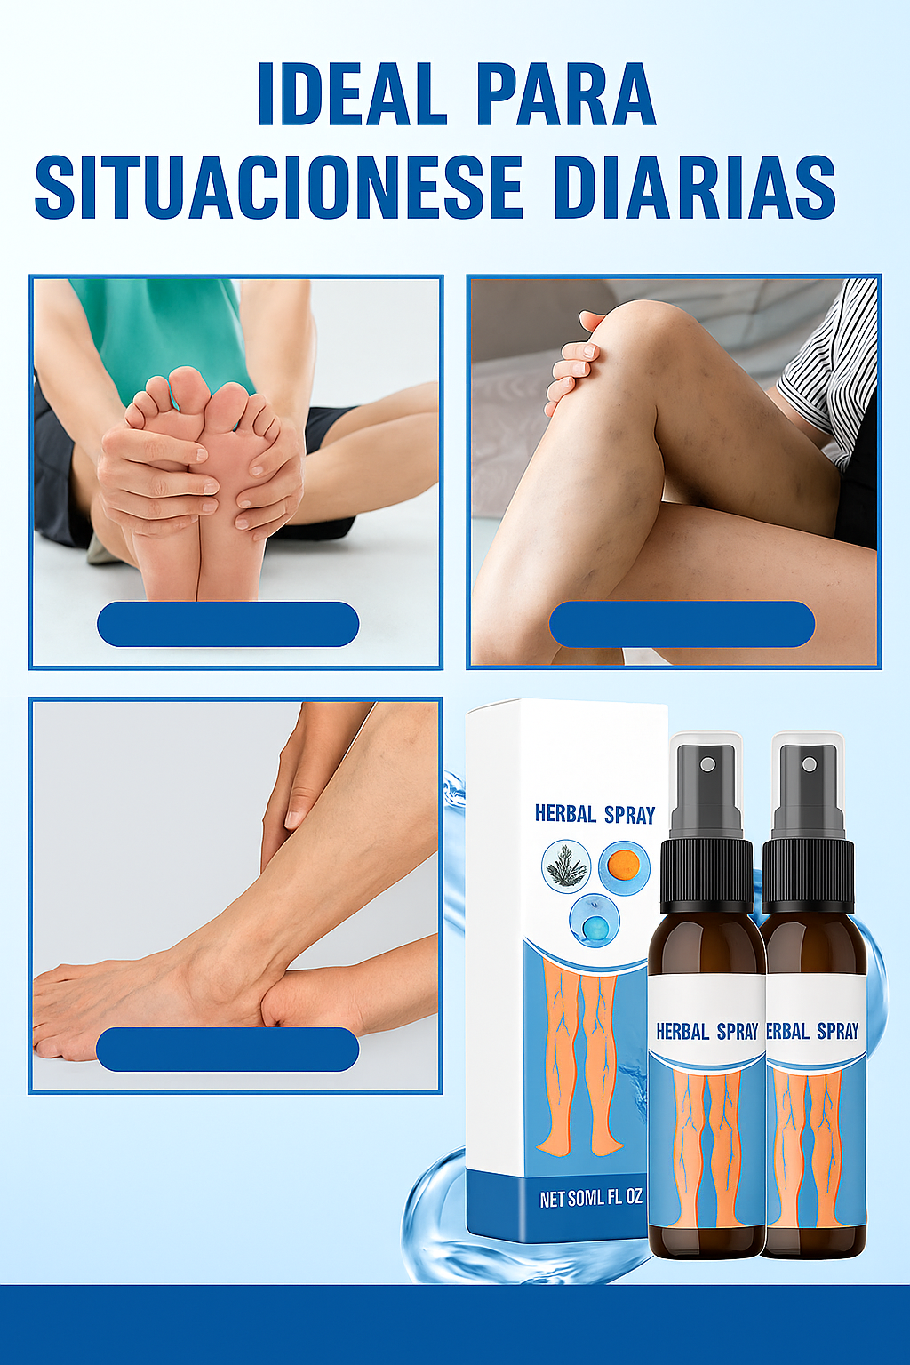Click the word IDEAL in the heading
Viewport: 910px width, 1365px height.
[x=352, y=93]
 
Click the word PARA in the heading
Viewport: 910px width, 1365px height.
[x=566, y=93]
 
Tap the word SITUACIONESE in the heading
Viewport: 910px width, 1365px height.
[x=279, y=188]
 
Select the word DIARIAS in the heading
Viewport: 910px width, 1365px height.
[x=696, y=188]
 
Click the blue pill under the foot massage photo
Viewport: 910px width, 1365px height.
[x=228, y=624]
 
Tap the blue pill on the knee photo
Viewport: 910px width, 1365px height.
[x=682, y=624]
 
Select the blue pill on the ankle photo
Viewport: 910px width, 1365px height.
[x=227, y=1050]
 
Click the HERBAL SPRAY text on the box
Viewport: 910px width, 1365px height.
[x=595, y=815]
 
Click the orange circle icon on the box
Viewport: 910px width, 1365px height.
[x=624, y=867]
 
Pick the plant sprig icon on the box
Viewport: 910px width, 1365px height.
[x=566, y=866]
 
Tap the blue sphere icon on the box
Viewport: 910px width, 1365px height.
[x=595, y=921]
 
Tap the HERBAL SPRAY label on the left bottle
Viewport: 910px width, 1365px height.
[x=707, y=1031]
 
